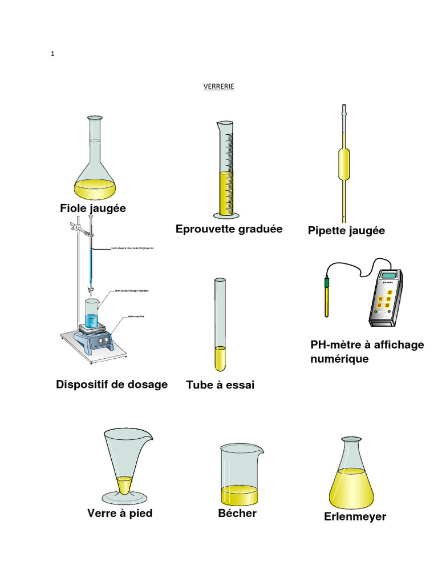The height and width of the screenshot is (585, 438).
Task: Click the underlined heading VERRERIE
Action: (219, 86)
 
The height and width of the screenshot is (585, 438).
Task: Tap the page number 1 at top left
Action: (52, 54)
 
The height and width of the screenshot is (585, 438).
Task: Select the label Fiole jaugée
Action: (93, 209)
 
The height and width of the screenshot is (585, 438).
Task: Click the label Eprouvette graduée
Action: (229, 229)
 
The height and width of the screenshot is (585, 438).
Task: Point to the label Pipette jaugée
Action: (346, 231)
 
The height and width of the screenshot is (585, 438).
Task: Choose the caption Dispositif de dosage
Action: (112, 384)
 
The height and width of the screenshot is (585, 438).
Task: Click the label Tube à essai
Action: (220, 386)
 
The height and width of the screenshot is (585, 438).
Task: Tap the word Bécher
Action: (237, 513)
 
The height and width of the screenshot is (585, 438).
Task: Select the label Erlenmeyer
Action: (355, 516)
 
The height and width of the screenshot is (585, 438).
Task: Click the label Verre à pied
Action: (120, 513)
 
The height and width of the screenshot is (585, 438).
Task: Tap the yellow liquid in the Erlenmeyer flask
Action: (351, 486)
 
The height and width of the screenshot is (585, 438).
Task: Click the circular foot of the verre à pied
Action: (125, 496)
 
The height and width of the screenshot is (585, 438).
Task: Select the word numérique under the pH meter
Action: (339, 359)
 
